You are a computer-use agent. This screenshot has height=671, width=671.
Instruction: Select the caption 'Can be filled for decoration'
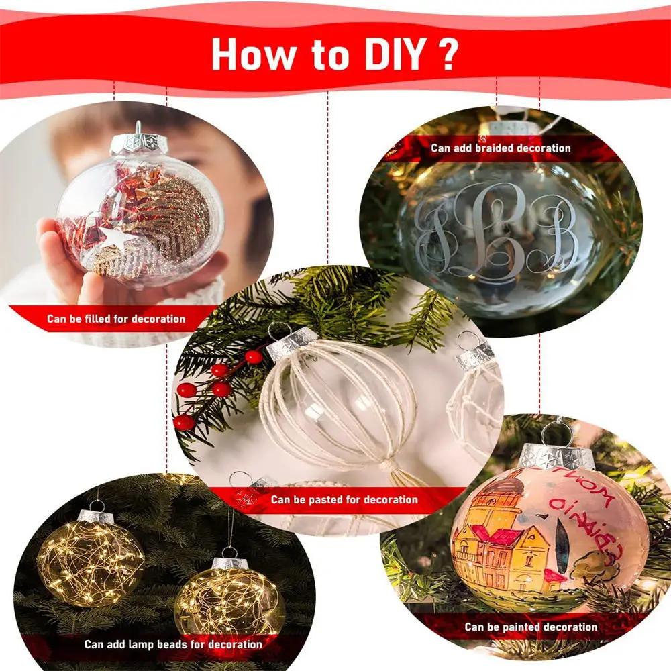pos(116,319)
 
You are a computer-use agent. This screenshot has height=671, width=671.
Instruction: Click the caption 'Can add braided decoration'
pos(501,148)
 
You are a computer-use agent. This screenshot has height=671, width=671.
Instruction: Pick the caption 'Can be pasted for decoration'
pos(344,499)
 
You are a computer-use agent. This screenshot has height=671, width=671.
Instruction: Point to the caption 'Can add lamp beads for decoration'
pos(173,644)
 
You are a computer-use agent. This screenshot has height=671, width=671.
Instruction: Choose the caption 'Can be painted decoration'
pos(531,627)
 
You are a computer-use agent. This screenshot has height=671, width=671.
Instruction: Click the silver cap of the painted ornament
pos(557,456)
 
